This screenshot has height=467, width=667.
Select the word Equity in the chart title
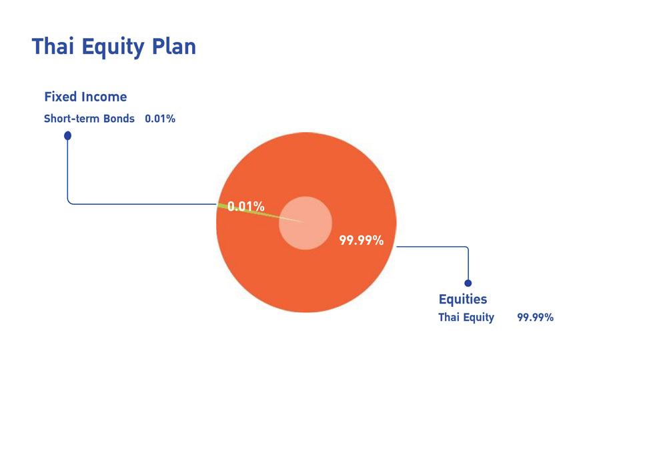(x=113, y=47)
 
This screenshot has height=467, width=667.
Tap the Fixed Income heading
(x=85, y=97)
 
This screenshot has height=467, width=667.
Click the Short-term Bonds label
(x=89, y=118)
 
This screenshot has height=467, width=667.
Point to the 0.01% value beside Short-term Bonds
(x=160, y=118)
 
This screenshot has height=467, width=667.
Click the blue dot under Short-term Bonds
(x=67, y=135)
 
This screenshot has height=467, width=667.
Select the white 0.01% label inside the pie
(x=246, y=207)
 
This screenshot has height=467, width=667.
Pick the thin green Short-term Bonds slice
(x=255, y=212)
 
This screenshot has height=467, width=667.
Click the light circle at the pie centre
(x=305, y=223)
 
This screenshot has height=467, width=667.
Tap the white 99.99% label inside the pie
(x=361, y=240)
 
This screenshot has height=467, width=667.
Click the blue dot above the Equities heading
(x=468, y=284)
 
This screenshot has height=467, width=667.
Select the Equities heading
(x=463, y=299)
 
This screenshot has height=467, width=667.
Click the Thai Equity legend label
(x=466, y=318)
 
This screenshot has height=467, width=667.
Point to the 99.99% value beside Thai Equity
(x=535, y=318)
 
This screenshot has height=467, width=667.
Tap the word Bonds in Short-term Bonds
(x=119, y=118)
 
